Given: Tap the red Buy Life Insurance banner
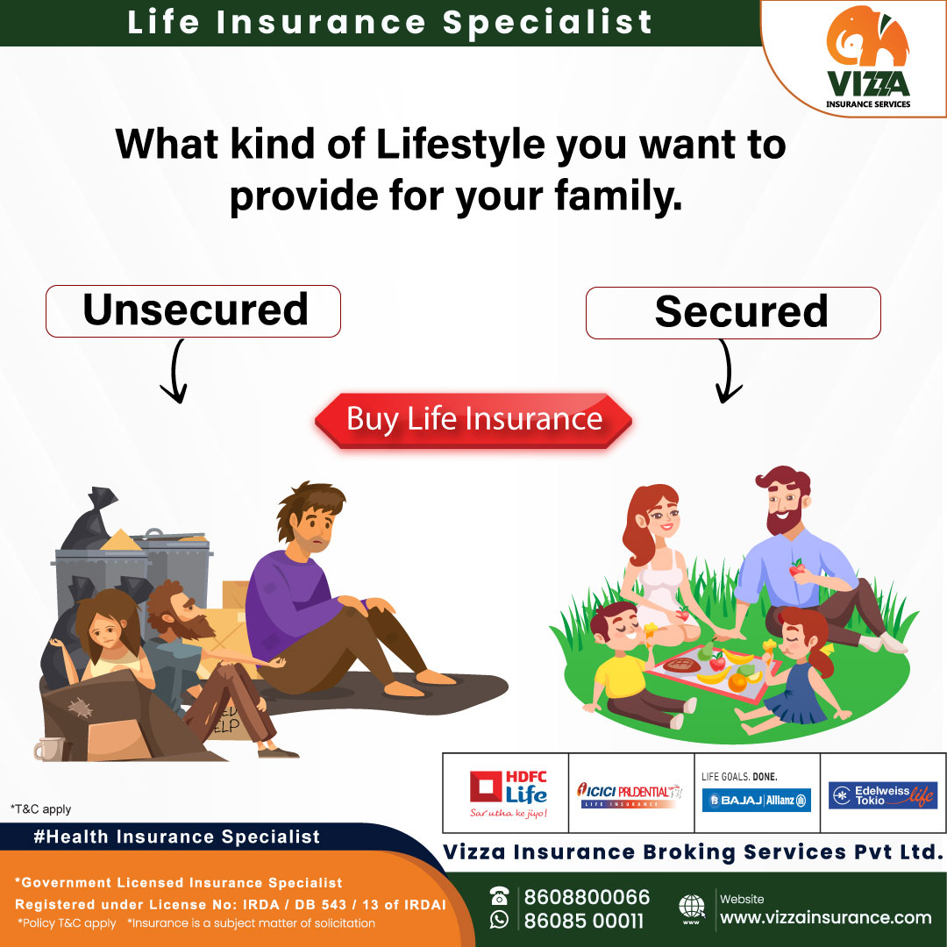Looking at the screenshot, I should (x=473, y=419).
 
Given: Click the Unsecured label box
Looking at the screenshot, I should (x=194, y=310).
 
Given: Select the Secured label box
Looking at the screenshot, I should (x=733, y=312).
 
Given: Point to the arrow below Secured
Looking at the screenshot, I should (x=724, y=372).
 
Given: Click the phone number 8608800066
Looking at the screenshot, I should (x=587, y=897).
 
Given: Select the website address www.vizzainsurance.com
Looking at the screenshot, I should (x=825, y=917).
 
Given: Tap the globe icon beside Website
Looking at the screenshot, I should (x=692, y=908).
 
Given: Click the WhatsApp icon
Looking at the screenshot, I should (x=500, y=919).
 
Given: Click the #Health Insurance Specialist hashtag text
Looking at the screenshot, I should (x=176, y=837).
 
